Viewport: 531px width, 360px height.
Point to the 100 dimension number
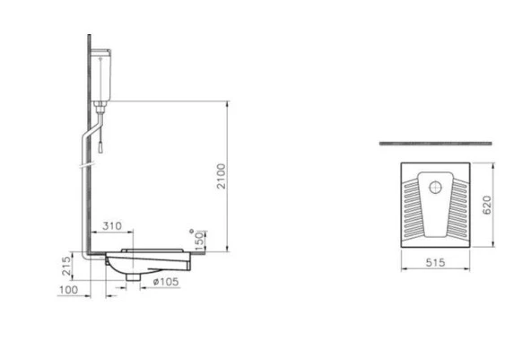pos(68,291)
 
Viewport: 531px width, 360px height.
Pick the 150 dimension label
pos(200,241)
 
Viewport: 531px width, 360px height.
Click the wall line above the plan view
pos(436,143)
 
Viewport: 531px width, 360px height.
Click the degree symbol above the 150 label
pos(191,231)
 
